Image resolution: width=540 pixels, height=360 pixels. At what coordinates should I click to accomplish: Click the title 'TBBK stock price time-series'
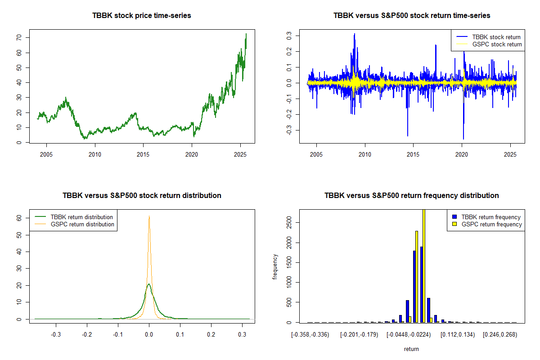pyautogui.click(x=142, y=16)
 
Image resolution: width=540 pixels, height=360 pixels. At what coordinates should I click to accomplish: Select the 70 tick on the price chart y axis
pyautogui.click(x=19, y=38)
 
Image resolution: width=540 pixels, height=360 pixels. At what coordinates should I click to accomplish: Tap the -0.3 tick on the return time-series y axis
pyautogui.click(x=289, y=130)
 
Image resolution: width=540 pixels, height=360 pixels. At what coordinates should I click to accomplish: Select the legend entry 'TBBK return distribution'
pyautogui.click(x=81, y=217)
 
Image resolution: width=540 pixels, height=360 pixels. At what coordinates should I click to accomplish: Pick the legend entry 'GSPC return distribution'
pyautogui.click(x=82, y=224)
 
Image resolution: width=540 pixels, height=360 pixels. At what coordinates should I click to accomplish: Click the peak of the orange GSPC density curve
pyautogui.click(x=149, y=216)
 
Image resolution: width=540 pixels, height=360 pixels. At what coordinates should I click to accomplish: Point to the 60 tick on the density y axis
pyautogui.click(x=19, y=217)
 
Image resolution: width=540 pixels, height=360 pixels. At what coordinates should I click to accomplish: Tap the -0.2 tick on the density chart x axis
pyautogui.click(x=87, y=334)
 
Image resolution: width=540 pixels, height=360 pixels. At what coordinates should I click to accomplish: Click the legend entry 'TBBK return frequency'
pyautogui.click(x=491, y=217)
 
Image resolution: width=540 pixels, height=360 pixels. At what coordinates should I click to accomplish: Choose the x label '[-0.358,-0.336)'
pyautogui.click(x=310, y=334)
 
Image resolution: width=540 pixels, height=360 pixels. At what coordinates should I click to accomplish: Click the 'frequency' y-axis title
pyautogui.click(x=275, y=267)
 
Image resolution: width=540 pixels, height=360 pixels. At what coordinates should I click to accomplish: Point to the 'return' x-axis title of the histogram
pyautogui.click(x=411, y=349)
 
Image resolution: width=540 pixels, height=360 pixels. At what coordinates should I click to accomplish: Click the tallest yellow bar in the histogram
pyautogui.click(x=423, y=265)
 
